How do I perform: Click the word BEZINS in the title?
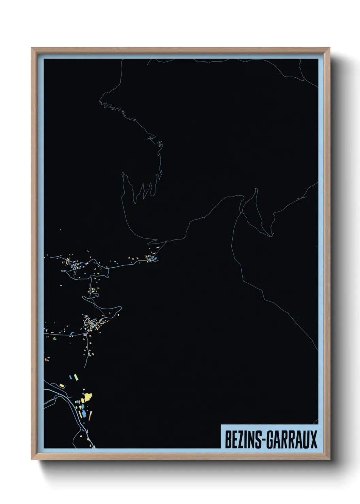[242, 439]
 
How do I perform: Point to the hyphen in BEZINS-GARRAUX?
[263, 440]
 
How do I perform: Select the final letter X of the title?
[313, 439]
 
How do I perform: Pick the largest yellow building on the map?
[88, 397]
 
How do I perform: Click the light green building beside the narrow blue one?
[76, 377]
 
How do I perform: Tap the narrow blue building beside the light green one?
[71, 377]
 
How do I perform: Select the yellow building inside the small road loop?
[62, 385]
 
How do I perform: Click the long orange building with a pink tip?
[90, 416]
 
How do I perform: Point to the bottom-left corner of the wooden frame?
[32, 459]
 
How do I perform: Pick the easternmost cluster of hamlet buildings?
[152, 257]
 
